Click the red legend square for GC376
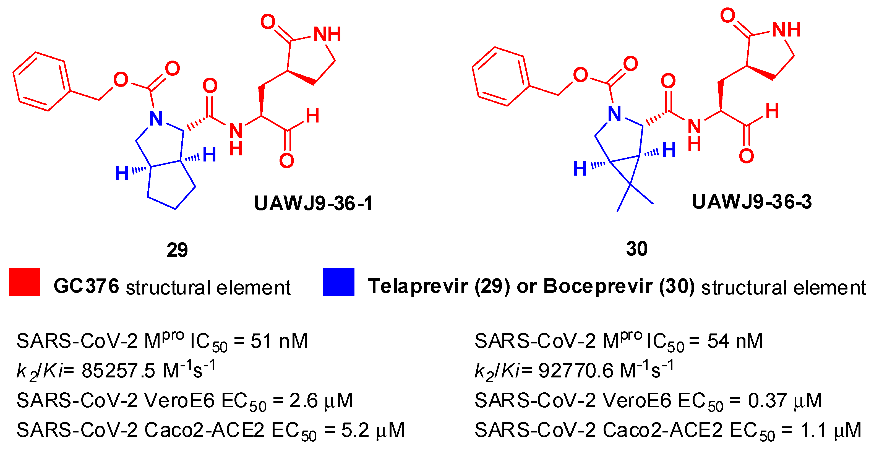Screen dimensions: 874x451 pos(24,282)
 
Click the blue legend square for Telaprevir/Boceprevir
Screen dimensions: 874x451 pos(339,282)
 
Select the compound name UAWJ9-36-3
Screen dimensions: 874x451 pos(752,202)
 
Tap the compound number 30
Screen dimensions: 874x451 pos(636,249)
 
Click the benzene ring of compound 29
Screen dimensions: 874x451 pos(42,82)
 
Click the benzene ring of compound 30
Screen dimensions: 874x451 pos(501,76)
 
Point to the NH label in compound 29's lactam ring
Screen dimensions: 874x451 pos(327,34)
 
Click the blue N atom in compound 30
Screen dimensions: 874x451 pos(615,114)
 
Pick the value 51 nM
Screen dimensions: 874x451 pos(279,341)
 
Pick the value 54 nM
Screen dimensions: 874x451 pos(735,341)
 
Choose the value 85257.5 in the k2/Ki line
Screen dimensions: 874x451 pos(118,370)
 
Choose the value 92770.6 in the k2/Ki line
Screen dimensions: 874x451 pos(576,370)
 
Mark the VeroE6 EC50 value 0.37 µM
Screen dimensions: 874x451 pos(785,400)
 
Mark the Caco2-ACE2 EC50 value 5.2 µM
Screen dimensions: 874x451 pos(372,430)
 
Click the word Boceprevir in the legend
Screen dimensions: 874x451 pos(598,286)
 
